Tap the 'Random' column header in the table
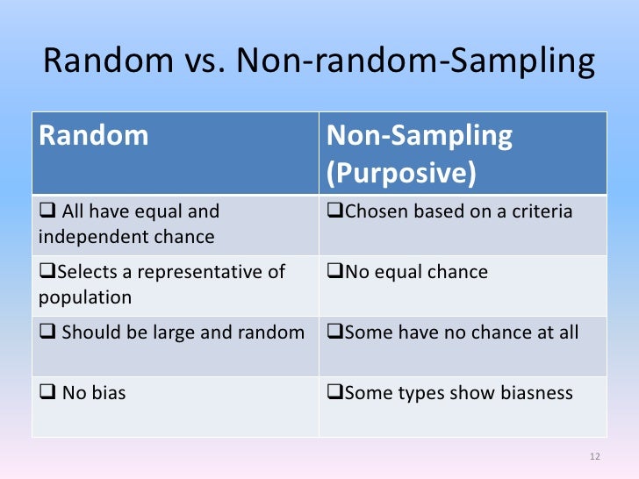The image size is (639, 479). pos(93,136)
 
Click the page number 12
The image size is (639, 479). pos(594,456)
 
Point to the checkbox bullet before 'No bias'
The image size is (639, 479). pos(47,393)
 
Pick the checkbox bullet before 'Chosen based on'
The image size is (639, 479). pos(334,211)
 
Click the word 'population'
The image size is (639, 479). pos(85,297)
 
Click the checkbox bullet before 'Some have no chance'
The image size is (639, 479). pos(334,332)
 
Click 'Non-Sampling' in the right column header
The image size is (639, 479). pos(420,136)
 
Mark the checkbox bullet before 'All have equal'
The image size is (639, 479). pos(47,211)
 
